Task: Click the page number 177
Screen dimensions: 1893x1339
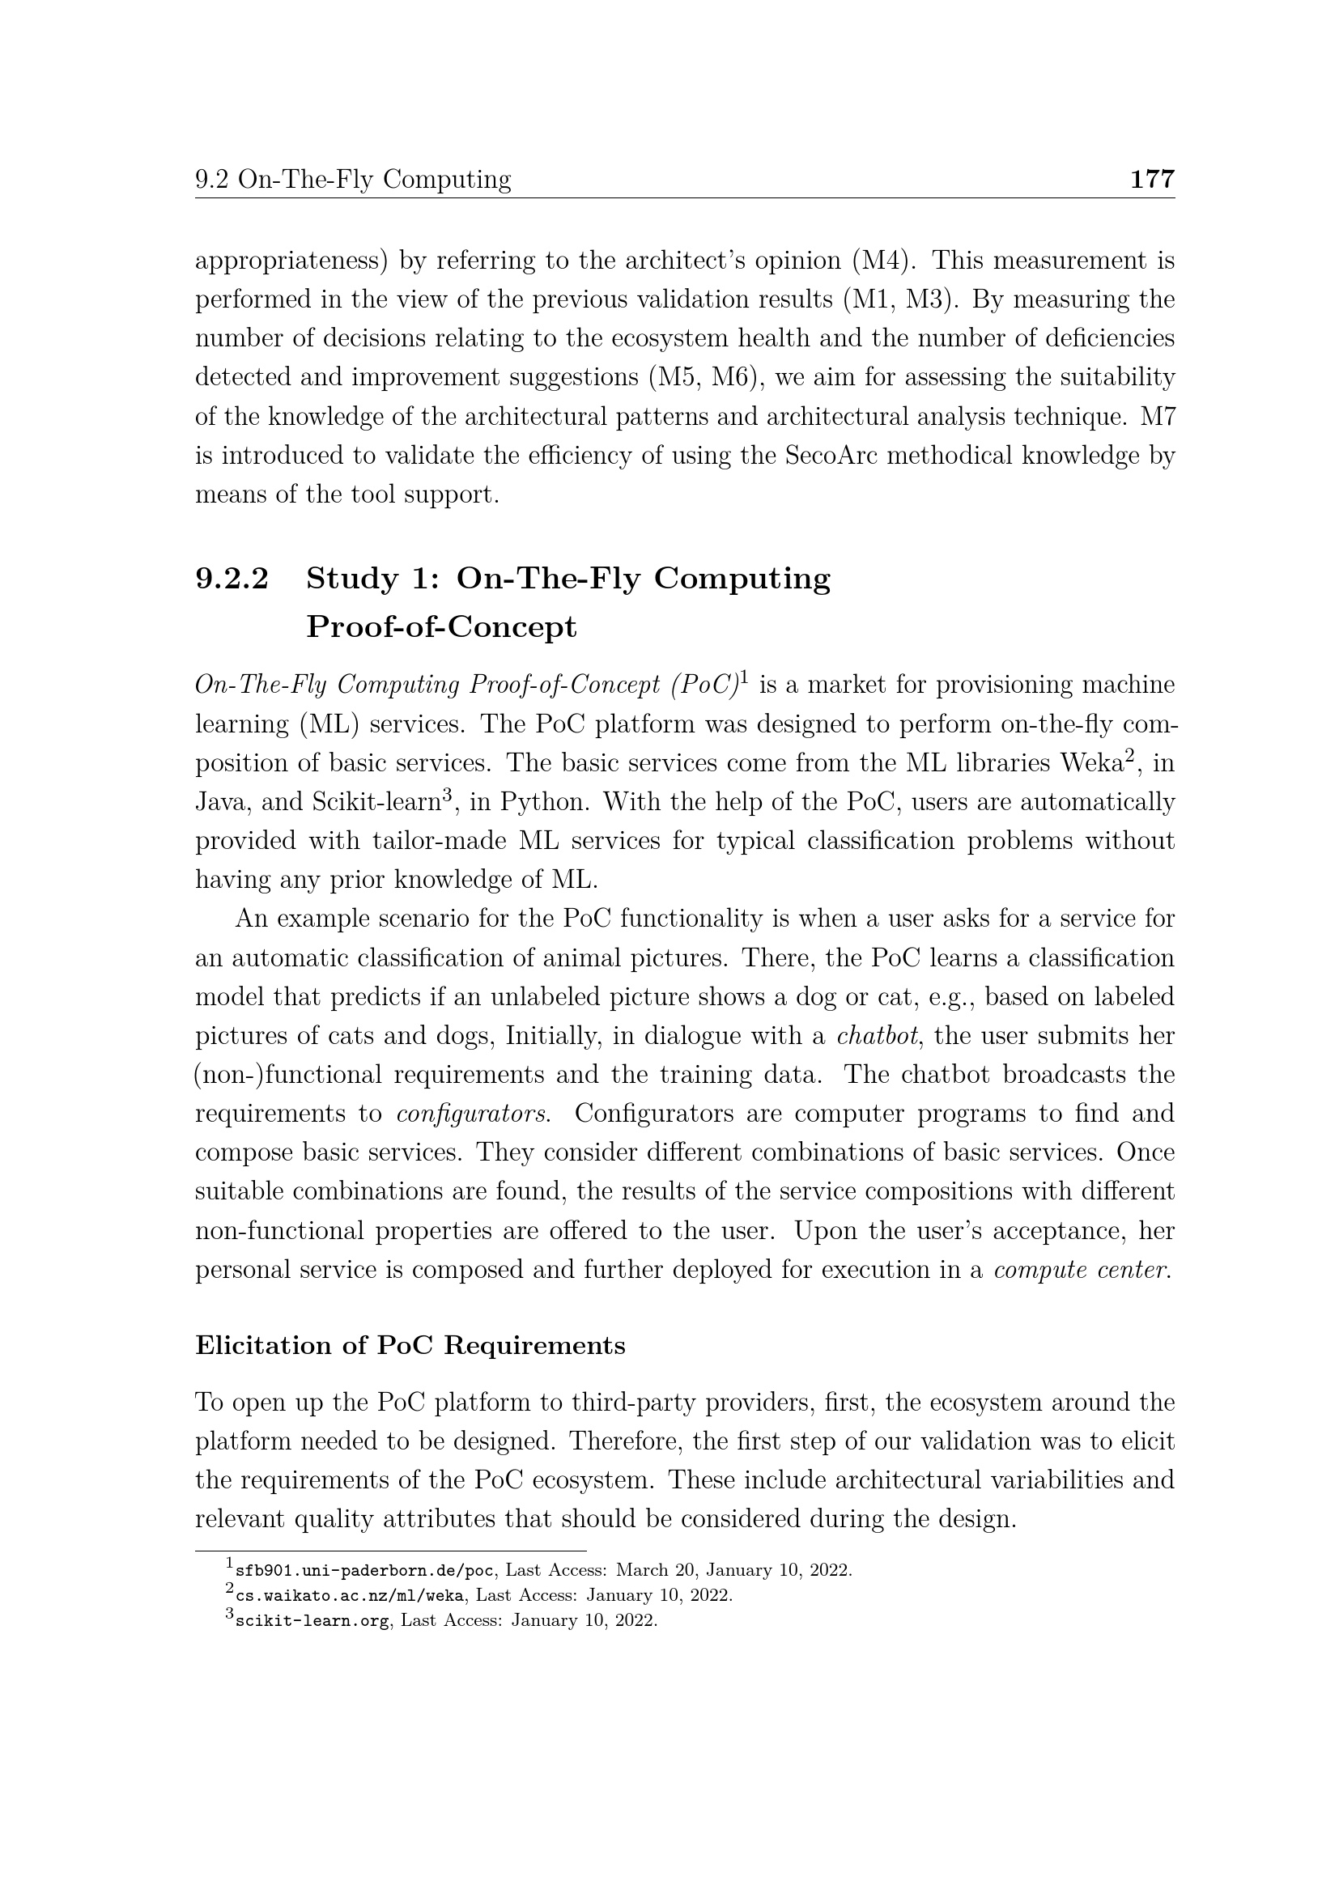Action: point(1151,179)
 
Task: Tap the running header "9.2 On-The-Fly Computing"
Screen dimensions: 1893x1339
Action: point(353,179)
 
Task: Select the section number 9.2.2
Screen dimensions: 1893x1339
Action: point(232,579)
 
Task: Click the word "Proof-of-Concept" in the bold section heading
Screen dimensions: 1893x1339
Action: point(441,626)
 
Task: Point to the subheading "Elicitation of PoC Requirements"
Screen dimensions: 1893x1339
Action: point(410,1345)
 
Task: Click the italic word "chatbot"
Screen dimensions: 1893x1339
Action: point(876,1036)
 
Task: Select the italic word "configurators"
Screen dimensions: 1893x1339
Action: point(474,1114)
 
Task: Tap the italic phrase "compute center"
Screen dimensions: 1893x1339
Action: point(1081,1270)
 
